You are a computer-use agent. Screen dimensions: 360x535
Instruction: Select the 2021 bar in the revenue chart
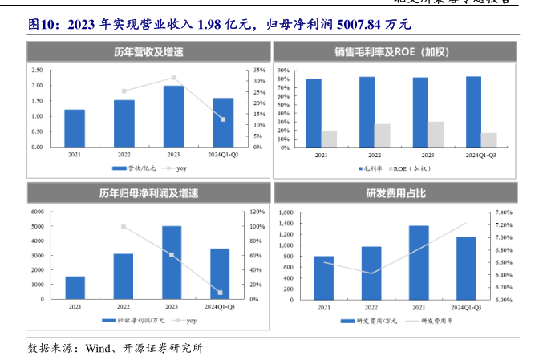click(x=75, y=128)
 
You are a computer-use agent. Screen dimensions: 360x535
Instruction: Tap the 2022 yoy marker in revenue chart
click(x=124, y=91)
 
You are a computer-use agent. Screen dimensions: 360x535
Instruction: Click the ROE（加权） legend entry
click(x=412, y=168)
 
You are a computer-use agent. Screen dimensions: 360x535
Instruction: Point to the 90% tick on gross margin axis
click(x=282, y=71)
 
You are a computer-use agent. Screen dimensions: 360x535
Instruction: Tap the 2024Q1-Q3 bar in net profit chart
click(x=221, y=273)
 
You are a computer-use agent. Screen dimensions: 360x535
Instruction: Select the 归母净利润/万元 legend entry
click(x=132, y=321)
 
